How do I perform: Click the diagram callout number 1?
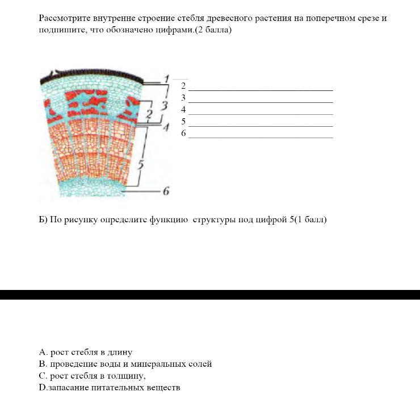[166, 78]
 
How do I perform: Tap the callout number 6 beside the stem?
[166, 192]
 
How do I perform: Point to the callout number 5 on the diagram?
[141, 165]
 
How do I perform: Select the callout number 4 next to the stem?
[166, 127]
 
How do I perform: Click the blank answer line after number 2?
[261, 89]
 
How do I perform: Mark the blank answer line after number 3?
[261, 101]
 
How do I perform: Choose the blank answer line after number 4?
[261, 113]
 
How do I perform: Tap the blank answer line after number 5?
[261, 125]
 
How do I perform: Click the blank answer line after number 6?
[261, 137]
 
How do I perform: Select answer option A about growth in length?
[86, 352]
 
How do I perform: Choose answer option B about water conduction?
[125, 364]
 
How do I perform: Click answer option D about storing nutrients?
[110, 388]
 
